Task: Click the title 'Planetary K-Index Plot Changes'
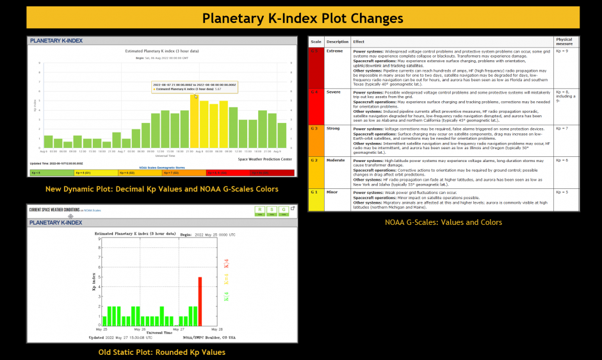click(x=302, y=18)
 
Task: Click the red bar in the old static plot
click(x=200, y=301)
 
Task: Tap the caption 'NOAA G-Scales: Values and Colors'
click(x=443, y=222)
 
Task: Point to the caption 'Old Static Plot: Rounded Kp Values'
click(x=162, y=352)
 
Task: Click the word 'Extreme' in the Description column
click(x=335, y=51)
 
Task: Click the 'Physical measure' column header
click(x=564, y=41)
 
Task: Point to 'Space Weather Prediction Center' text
click(x=264, y=159)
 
